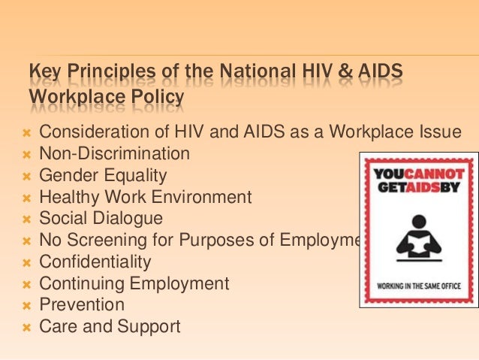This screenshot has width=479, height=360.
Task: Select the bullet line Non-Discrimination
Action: [114, 154]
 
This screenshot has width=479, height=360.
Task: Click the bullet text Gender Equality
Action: [103, 176]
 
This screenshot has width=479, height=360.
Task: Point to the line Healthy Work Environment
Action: [145, 198]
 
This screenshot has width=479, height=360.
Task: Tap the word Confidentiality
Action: [95, 262]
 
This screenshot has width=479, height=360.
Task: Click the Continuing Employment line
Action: [134, 284]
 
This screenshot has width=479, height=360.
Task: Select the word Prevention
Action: [82, 305]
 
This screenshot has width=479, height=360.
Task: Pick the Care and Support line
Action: [110, 327]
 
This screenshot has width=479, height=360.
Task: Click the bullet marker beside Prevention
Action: [26, 306]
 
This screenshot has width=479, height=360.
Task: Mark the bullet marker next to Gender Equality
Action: [26, 177]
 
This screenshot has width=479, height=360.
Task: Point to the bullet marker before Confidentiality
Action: [26, 263]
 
